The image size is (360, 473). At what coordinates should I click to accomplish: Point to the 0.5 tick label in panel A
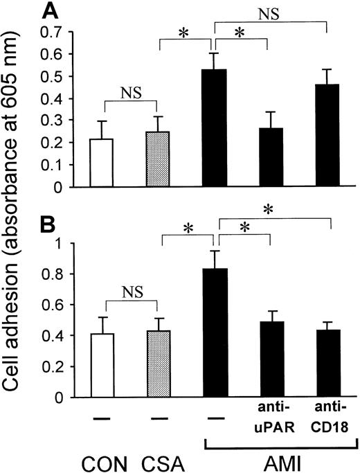[x=53, y=75]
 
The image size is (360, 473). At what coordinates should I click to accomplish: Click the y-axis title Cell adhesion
[x=15, y=235]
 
